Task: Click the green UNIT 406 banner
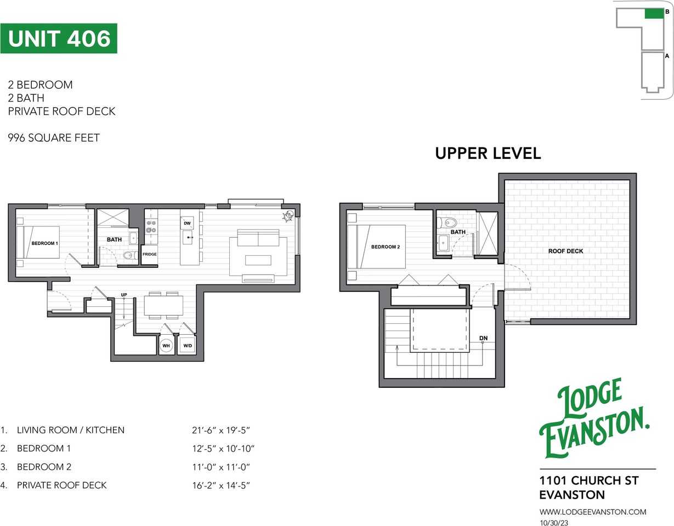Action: [x=59, y=38]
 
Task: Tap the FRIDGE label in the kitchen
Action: [x=149, y=254]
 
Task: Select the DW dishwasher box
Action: [x=187, y=223]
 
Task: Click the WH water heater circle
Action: [x=166, y=346]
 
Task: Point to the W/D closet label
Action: [x=188, y=346]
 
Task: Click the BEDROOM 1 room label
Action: [x=44, y=243]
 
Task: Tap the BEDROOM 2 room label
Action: [x=386, y=247]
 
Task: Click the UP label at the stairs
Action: [x=124, y=295]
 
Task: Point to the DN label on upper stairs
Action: [x=483, y=338]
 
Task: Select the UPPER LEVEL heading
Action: [x=488, y=153]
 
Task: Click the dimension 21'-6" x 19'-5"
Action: [x=224, y=430]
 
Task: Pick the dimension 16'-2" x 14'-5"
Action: [x=224, y=485]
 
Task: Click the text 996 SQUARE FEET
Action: [x=54, y=138]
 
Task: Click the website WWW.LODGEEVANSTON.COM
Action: [x=593, y=512]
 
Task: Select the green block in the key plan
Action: [x=653, y=14]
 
